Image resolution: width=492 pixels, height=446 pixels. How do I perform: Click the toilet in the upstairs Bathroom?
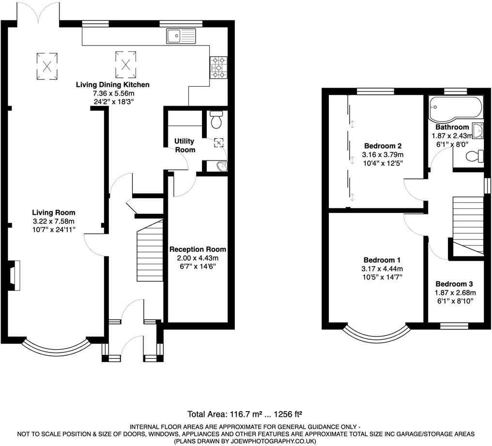[x=476, y=156]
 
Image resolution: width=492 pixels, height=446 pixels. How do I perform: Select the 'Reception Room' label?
[x=198, y=249]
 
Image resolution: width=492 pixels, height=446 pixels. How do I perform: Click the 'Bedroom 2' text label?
[x=383, y=146]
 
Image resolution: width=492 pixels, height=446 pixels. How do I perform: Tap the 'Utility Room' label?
[x=185, y=145]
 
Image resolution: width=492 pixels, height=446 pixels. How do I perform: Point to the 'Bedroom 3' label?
[x=454, y=284]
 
